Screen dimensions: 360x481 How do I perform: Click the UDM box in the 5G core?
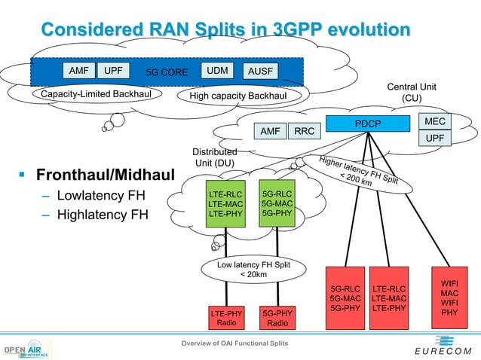point(217,71)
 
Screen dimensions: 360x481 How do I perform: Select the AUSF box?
point(261,72)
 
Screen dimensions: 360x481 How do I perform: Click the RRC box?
point(305,131)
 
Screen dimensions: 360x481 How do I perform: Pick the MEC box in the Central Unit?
point(435,121)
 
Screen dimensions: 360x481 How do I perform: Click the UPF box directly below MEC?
point(435,139)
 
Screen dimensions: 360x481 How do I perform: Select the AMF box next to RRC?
point(270,131)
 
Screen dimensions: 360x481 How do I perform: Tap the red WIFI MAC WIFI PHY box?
point(449,297)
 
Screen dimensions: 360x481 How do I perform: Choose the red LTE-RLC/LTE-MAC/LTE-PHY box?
point(389,297)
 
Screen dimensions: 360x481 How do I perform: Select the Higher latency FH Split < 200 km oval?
point(358,172)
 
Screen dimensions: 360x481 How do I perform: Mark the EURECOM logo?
point(443,351)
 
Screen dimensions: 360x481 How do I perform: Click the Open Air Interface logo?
point(26,350)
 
